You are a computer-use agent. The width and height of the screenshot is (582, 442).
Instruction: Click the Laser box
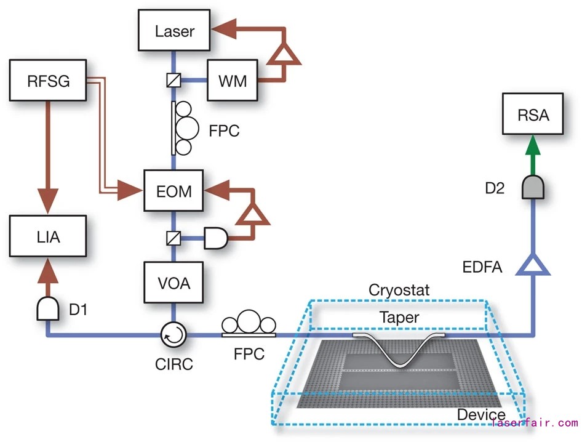point(175,31)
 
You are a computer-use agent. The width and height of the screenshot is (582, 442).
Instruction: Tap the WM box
point(232,81)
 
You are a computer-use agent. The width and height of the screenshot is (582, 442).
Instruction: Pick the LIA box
point(47,236)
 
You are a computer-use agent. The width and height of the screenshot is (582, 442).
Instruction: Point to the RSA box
point(533,115)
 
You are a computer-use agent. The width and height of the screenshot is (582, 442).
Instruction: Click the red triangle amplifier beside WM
point(284,55)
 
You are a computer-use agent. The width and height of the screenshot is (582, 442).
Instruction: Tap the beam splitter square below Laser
point(173,80)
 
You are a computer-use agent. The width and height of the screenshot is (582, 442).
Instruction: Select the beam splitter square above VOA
point(173,237)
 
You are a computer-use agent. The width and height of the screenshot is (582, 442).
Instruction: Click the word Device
point(480,414)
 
